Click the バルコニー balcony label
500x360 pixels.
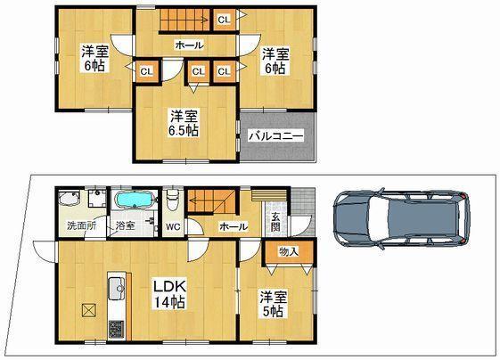pos(276,137)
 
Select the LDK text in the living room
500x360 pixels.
pos(169,285)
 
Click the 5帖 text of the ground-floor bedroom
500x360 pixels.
pos(272,312)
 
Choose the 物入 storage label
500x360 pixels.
pos(288,252)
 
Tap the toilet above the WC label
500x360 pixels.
pos(174,201)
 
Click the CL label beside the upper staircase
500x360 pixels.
pos(223,18)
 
